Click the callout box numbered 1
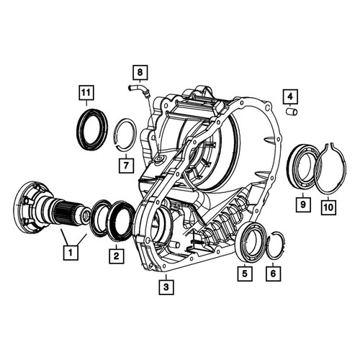71,253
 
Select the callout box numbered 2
117,256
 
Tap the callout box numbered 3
166,287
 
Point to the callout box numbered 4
290,96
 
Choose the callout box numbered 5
245,274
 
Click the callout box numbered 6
274,274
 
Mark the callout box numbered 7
126,165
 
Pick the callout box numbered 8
140,72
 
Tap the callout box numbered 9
303,204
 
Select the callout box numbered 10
328,207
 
